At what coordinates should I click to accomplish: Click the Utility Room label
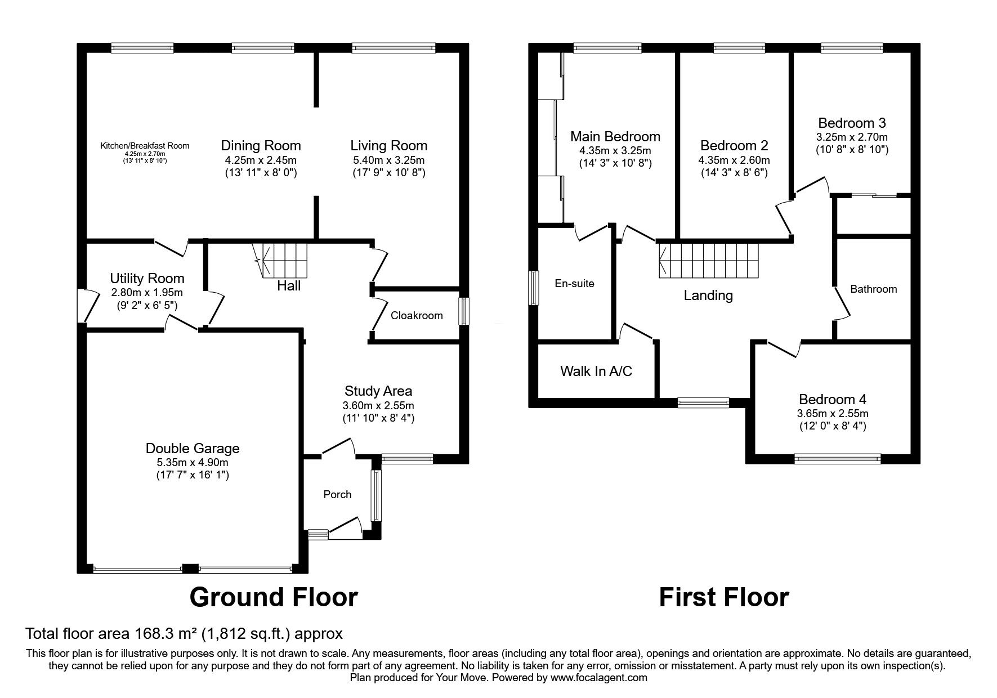click(x=147, y=278)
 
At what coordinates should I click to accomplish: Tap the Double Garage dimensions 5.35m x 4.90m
click(x=193, y=463)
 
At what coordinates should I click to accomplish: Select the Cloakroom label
click(x=417, y=315)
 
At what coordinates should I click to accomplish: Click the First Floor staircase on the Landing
click(x=709, y=260)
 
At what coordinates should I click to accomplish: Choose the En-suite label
click(x=574, y=283)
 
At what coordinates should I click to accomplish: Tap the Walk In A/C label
click(x=596, y=371)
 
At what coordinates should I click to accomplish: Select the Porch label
click(x=337, y=494)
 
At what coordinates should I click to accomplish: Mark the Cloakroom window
click(x=463, y=311)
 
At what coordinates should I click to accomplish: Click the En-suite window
click(x=533, y=288)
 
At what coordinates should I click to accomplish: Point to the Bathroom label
click(x=873, y=289)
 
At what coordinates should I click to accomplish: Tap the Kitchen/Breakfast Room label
click(x=145, y=146)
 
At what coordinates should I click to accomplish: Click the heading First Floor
click(x=723, y=597)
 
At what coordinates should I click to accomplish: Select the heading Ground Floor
click(x=274, y=597)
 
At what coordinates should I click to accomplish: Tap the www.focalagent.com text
click(x=598, y=678)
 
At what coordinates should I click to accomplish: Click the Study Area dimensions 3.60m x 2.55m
click(x=378, y=405)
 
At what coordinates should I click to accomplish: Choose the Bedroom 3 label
click(x=852, y=123)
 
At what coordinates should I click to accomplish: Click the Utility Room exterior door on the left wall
click(x=83, y=306)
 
